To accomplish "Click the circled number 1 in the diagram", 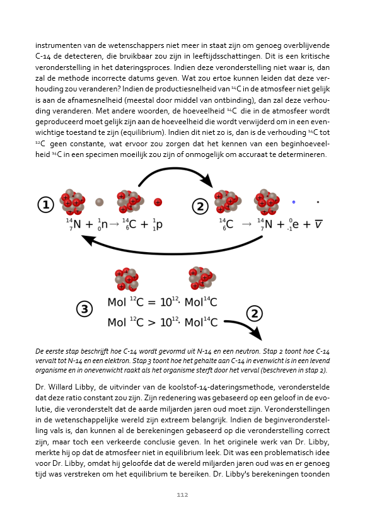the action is [45, 204].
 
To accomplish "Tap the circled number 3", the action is [84, 309].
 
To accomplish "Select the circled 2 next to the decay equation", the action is [200, 206].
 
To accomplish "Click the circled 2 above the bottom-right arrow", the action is [254, 313].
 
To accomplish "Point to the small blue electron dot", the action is [294, 202].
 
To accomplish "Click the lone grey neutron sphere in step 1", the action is [99, 202].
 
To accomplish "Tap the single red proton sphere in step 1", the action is [158, 202].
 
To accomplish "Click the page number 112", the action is [182, 495].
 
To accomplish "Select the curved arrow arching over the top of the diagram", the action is [174, 169].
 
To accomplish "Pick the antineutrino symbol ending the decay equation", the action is [318, 224].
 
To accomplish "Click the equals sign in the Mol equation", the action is [151, 302].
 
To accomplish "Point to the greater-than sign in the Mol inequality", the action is [151, 323].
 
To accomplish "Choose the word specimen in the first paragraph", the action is [100, 154].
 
